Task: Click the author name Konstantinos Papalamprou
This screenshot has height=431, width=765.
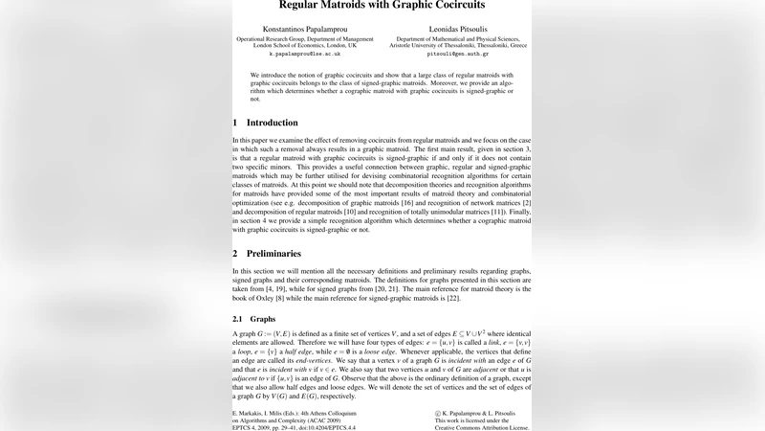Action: (x=304, y=29)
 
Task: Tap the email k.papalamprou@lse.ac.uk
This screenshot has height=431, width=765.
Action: (x=305, y=55)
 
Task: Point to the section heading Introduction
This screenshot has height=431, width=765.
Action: (x=273, y=123)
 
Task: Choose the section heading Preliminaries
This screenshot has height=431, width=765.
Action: (x=274, y=254)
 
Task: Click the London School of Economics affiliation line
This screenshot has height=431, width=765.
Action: (x=305, y=45)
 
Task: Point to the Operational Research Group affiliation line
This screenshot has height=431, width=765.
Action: (x=305, y=38)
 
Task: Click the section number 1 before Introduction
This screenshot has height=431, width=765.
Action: (x=235, y=123)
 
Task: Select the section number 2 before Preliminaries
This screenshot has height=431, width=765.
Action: (x=235, y=254)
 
